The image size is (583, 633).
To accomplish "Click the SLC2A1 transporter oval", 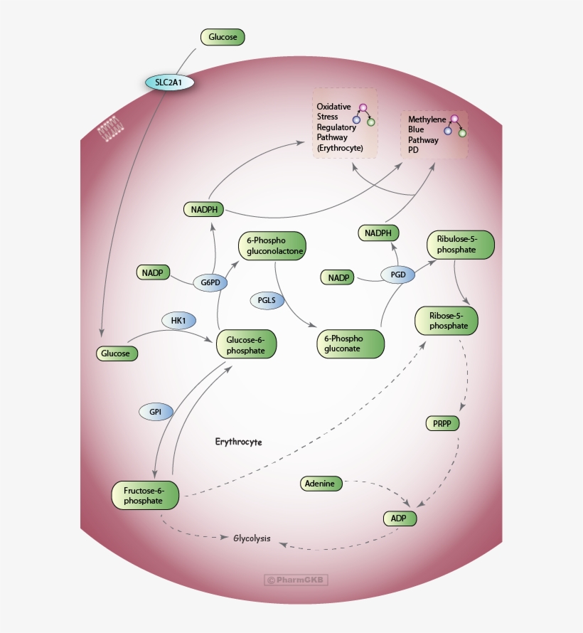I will pos(170,82).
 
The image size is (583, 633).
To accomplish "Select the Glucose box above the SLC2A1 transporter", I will pos(223,37).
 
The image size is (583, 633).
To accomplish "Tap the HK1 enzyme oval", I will pos(178,321).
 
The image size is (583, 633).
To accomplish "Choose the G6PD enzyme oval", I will pos(210,282).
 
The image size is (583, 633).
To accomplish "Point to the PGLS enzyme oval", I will pos(267,300).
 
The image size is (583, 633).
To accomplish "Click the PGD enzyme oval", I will pos(398,275).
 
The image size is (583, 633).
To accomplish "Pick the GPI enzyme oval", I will pos(156,411).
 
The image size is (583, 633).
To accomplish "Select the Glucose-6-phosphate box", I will pos(246,344).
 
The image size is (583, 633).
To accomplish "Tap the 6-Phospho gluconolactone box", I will pos(272,246).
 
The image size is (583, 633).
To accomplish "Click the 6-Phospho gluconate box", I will pos(350,344).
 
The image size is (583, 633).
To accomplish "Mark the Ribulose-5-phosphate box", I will pos(460,244).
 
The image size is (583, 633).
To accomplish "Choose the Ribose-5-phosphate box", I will pos(446,321).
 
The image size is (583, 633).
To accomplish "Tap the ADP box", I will pos(399,518).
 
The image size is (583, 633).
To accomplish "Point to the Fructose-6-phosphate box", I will pos(144,495).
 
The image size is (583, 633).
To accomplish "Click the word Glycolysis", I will pos(252,538).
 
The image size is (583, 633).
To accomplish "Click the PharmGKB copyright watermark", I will pos(296,580).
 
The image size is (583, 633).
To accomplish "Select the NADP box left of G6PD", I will pos(153,272).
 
